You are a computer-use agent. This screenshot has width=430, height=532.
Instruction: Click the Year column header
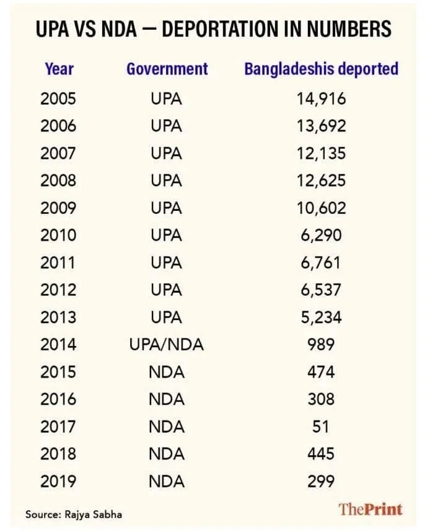pos(59,69)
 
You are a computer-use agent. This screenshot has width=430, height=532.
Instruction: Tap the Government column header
pos(167,69)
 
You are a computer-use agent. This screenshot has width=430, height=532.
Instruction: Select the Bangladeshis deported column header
pos(321,69)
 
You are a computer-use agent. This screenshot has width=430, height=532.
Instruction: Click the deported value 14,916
pos(321,99)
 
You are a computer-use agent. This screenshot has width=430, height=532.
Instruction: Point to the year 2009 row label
pos(58,208)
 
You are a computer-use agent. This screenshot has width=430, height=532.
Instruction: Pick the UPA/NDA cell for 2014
pos(167,345)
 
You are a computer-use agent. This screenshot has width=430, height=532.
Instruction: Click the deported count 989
pos(321,344)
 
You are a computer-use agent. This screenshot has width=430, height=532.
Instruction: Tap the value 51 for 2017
pos(321,427)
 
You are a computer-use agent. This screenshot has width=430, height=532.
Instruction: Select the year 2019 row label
pos(58,481)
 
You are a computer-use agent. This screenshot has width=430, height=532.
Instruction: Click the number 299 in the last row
pos(321,481)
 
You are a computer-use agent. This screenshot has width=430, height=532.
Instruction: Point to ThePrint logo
pos(371,509)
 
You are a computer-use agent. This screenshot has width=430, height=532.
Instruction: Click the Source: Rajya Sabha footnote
pos(74,515)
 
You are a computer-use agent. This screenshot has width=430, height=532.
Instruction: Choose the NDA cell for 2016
pos(167,399)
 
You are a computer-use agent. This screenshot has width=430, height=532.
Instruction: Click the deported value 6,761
pos(321,263)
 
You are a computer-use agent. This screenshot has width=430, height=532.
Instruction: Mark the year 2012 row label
pos(58,290)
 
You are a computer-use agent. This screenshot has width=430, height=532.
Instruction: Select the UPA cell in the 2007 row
pos(167,153)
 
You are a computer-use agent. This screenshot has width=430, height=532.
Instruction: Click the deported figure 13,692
pos(322,126)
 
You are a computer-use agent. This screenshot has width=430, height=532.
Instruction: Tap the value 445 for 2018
pos(321,454)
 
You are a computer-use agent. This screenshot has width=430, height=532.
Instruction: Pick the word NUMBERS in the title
pos(349,29)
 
